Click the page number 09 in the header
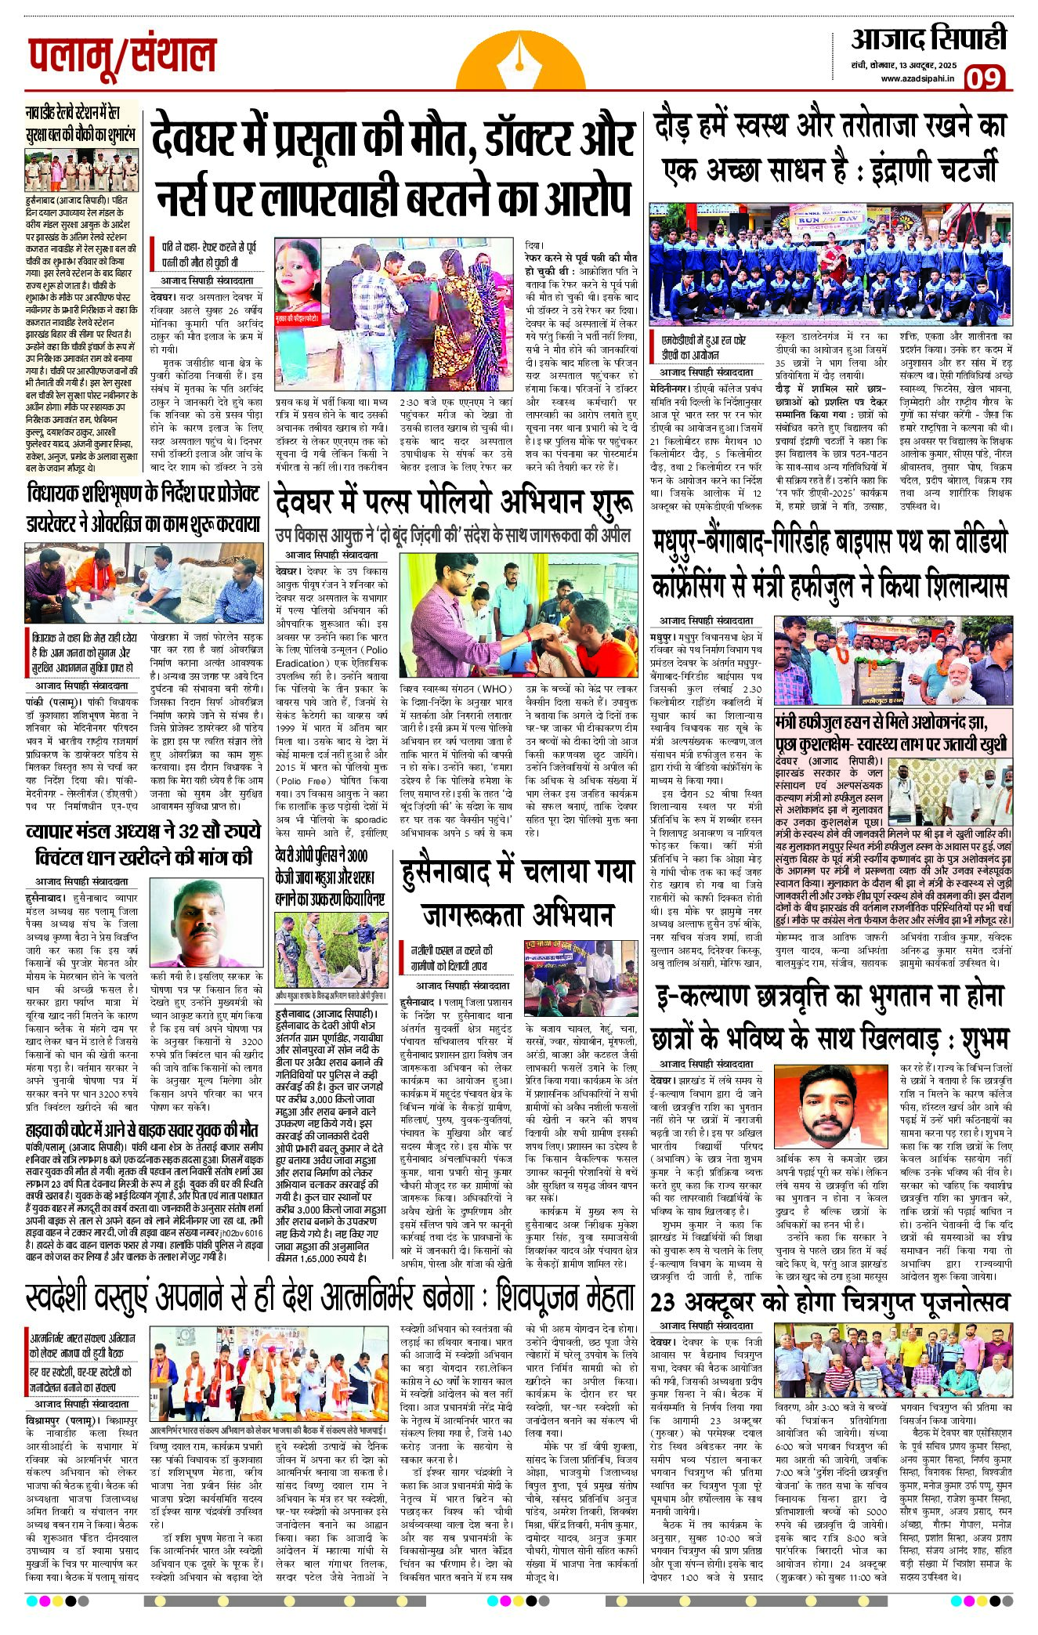(x=983, y=78)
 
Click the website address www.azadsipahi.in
(x=917, y=78)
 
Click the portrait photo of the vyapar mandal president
(x=204, y=924)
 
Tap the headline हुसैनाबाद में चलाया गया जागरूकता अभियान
(x=517, y=893)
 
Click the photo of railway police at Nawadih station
(x=81, y=171)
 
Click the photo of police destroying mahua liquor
(x=331, y=948)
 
